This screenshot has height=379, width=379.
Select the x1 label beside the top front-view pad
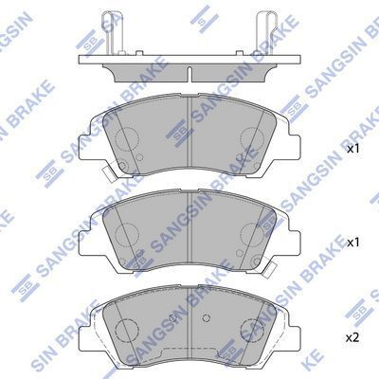coord(353,150)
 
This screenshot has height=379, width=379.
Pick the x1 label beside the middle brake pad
coord(353,244)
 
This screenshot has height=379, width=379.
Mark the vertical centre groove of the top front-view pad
coord(189,137)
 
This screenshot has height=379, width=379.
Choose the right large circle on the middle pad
coord(253,233)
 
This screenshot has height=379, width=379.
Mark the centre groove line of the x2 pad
coord(189,327)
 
